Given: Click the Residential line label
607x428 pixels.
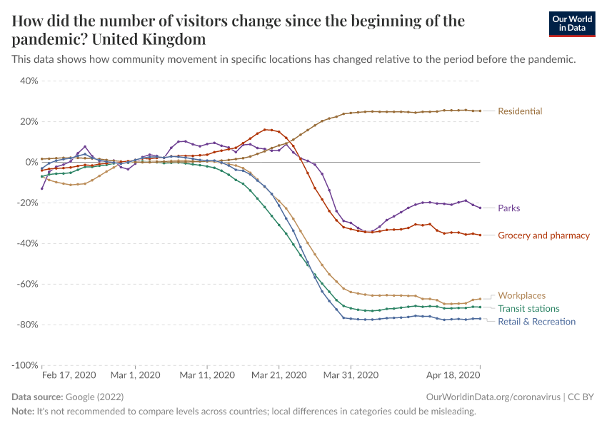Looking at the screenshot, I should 520,111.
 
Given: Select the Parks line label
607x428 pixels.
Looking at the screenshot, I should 508,208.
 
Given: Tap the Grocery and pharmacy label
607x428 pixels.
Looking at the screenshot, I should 543,235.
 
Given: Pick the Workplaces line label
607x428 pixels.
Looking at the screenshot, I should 521,295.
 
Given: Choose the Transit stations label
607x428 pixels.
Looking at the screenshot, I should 528,309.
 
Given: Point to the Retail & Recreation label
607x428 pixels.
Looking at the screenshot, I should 536,322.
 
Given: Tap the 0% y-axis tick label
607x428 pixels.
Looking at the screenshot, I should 31,163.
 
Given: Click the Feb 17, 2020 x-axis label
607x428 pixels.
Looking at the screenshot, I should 69,375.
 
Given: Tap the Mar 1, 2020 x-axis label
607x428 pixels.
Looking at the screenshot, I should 136,375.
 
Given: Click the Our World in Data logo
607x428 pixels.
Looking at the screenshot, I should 571,24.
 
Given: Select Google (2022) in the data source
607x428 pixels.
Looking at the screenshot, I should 94,397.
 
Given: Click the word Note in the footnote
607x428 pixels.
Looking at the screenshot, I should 23,412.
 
